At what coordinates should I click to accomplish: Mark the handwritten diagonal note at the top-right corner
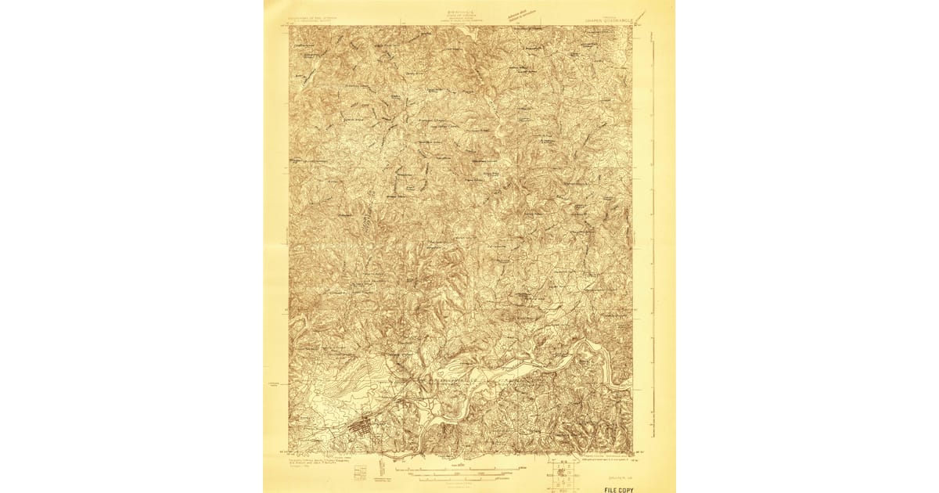click(641, 16)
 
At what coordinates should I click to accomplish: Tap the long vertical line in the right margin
click(653, 235)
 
